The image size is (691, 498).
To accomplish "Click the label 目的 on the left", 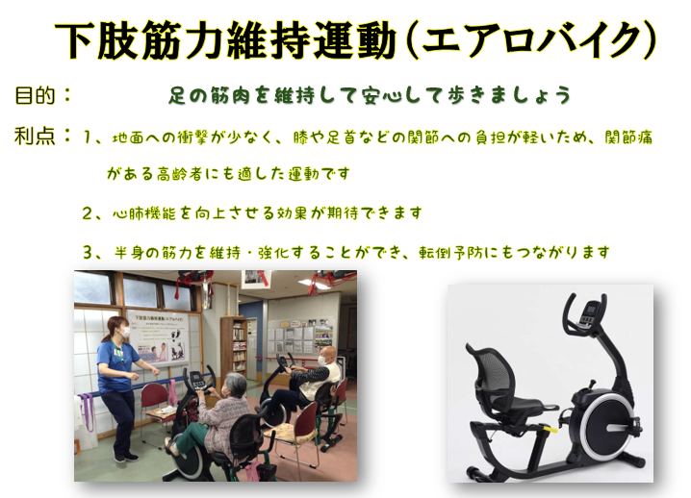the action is coord(36,95).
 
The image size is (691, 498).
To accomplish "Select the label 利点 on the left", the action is coord(35,137).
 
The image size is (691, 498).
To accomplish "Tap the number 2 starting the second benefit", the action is coord(87,213).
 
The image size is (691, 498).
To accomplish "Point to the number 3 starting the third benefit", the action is coord(88,253).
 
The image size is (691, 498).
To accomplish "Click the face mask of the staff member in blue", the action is coord(125,332).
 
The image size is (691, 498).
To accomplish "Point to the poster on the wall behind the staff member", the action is coord(158,336).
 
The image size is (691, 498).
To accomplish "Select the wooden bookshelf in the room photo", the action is coord(234,348).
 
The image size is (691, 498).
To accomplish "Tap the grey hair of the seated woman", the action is coord(236,384).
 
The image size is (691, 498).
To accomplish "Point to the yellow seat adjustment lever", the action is coord(550,427).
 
